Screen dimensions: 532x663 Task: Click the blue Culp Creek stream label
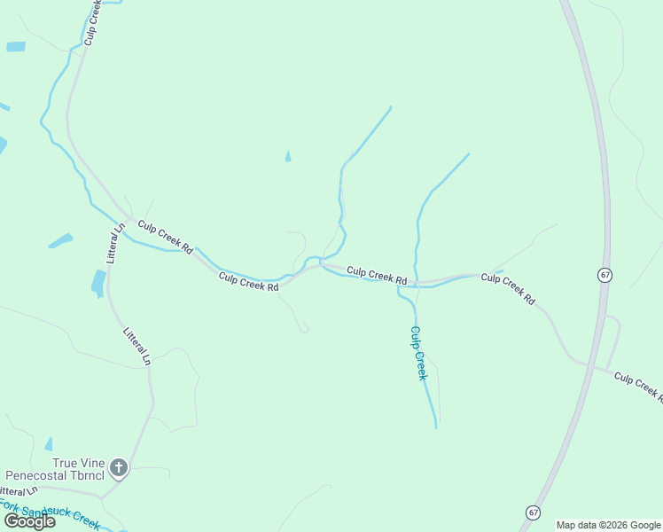point(418,353)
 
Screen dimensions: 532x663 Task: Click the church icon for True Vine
point(118,467)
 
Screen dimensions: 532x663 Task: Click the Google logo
point(29,521)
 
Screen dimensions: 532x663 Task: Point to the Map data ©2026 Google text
point(608,525)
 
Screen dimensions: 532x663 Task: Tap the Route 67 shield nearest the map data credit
point(533,512)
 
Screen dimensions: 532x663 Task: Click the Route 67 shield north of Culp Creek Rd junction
point(604,275)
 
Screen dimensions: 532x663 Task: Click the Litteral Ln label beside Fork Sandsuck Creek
point(18,490)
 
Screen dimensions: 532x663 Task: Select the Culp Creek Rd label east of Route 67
point(637,384)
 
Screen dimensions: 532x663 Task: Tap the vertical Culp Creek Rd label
point(90,22)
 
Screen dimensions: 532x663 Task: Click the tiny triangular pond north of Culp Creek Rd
point(288,157)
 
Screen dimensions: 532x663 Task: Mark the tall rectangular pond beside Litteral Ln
point(97,283)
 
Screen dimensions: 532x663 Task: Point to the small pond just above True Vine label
point(49,444)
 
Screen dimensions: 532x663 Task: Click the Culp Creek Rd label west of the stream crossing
point(249,281)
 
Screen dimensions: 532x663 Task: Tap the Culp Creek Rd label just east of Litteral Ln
point(166,238)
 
